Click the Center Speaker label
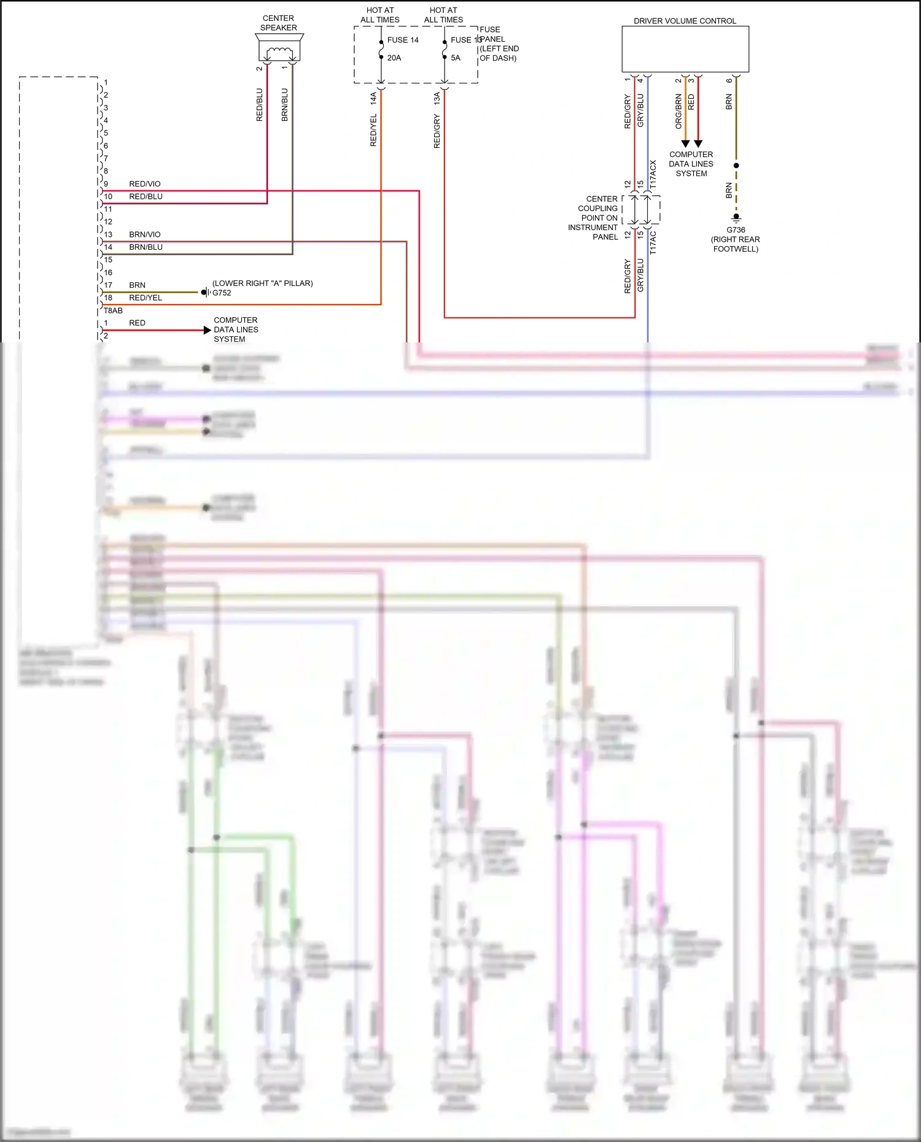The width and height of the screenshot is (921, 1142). (x=278, y=23)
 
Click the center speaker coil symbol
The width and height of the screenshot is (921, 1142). (x=279, y=52)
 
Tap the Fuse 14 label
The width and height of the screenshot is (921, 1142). (x=403, y=40)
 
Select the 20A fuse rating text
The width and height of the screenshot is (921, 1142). (x=394, y=58)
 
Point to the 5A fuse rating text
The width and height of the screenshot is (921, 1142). (x=456, y=58)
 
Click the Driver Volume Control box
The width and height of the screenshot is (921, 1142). (x=685, y=49)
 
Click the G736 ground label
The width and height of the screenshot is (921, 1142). (x=736, y=230)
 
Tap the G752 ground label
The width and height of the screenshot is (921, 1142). (x=222, y=293)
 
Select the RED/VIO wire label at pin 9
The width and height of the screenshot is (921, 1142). (x=145, y=184)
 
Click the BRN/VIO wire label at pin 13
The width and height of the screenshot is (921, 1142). (x=145, y=234)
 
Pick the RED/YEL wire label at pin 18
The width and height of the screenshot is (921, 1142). (x=146, y=298)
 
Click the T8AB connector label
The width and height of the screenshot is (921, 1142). (x=113, y=311)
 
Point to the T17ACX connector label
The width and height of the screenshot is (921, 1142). (x=653, y=174)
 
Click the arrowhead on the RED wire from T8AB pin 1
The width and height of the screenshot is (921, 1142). (x=207, y=330)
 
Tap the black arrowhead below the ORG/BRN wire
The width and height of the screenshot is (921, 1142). (x=685, y=144)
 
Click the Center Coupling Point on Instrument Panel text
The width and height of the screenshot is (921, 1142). (x=594, y=218)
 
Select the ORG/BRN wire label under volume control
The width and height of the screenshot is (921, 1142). (x=678, y=111)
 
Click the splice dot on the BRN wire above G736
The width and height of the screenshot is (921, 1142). (x=736, y=165)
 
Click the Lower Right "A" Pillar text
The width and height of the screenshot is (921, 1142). (x=263, y=284)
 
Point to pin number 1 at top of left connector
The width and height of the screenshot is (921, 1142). (x=106, y=82)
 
